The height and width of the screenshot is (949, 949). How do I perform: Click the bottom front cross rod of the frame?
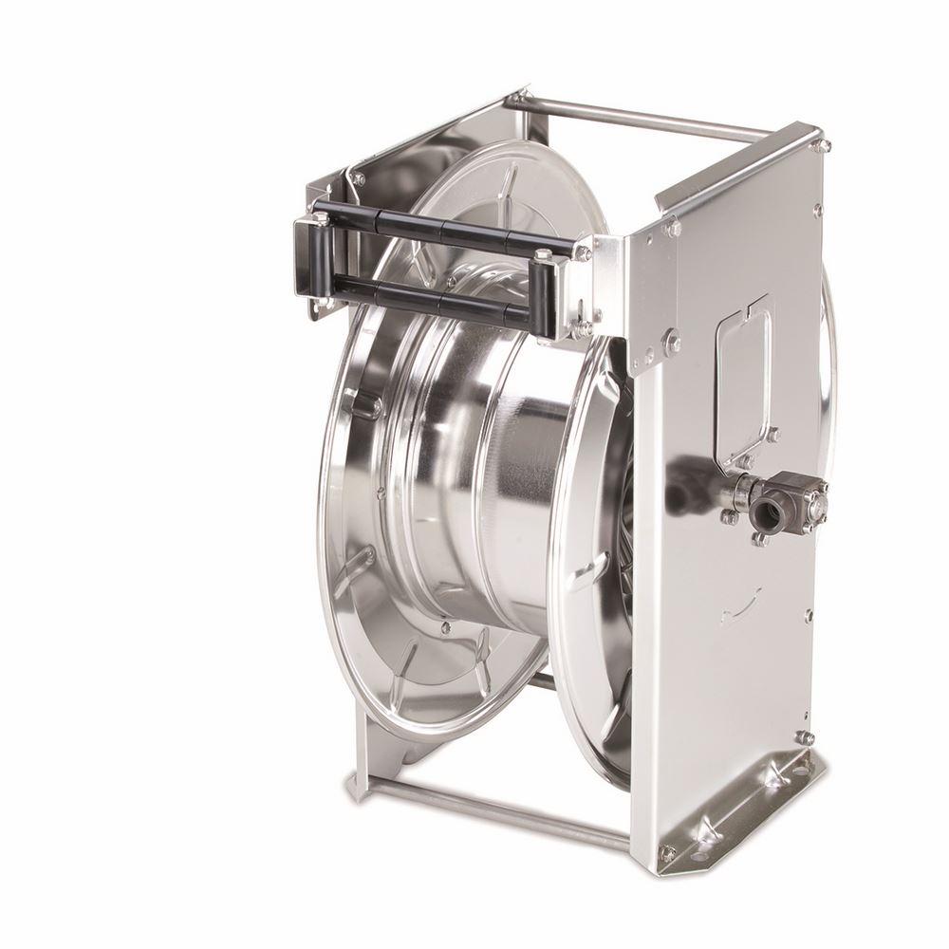click(x=493, y=808)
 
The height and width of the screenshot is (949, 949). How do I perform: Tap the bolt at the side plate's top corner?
click(x=820, y=145)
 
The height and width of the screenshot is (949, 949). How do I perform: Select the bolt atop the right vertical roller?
click(x=542, y=254)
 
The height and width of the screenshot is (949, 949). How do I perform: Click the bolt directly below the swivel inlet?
click(x=759, y=540)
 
